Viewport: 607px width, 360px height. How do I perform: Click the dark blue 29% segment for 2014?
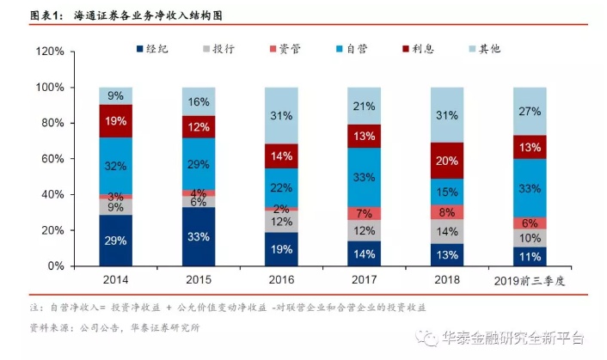click(x=115, y=241)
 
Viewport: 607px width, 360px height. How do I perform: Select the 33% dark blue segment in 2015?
click(x=198, y=236)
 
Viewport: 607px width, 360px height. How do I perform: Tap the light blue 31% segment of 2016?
click(x=280, y=116)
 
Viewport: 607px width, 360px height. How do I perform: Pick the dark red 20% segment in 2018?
click(x=445, y=161)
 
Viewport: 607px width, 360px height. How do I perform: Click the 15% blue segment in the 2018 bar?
click(x=445, y=192)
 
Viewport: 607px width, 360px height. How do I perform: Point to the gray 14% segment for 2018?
click(x=445, y=231)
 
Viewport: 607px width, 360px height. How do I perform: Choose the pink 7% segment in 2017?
click(x=363, y=213)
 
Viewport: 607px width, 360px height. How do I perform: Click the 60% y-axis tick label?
click(x=52, y=159)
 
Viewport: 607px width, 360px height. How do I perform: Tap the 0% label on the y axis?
click(x=55, y=266)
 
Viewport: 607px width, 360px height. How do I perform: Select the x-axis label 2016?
click(x=280, y=281)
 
